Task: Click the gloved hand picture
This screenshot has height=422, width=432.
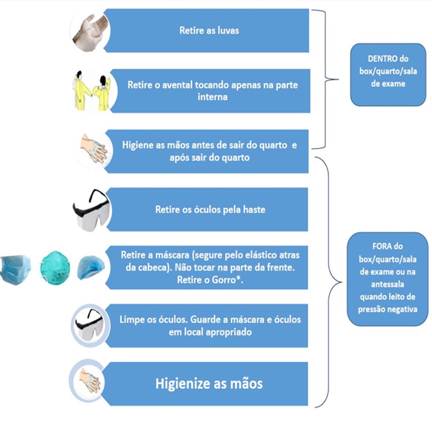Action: (90, 31)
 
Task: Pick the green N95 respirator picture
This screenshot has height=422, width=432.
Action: (54, 267)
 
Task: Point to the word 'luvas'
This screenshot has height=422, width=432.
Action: (228, 30)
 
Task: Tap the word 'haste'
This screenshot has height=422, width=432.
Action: (254, 209)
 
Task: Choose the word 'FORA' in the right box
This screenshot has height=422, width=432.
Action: (379, 246)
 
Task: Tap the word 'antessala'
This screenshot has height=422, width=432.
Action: (387, 284)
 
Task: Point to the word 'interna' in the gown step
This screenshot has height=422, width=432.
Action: (212, 97)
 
